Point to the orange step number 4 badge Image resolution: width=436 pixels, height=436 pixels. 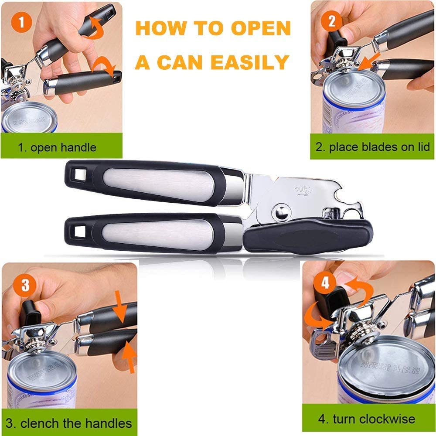tap(325, 284)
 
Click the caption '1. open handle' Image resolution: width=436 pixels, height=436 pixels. tap(57, 147)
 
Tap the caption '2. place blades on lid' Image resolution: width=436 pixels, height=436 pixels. tap(373, 147)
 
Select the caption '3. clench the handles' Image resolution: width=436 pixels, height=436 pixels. tap(69, 422)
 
